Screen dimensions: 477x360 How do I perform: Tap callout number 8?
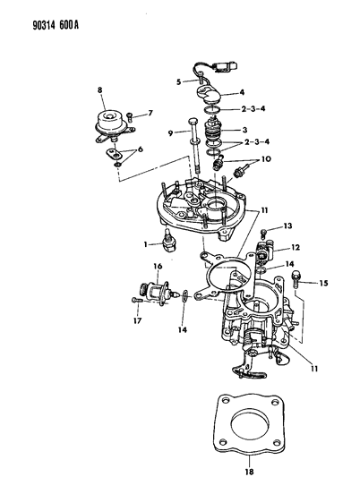pos(101,90)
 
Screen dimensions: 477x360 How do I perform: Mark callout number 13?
pos(287,226)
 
